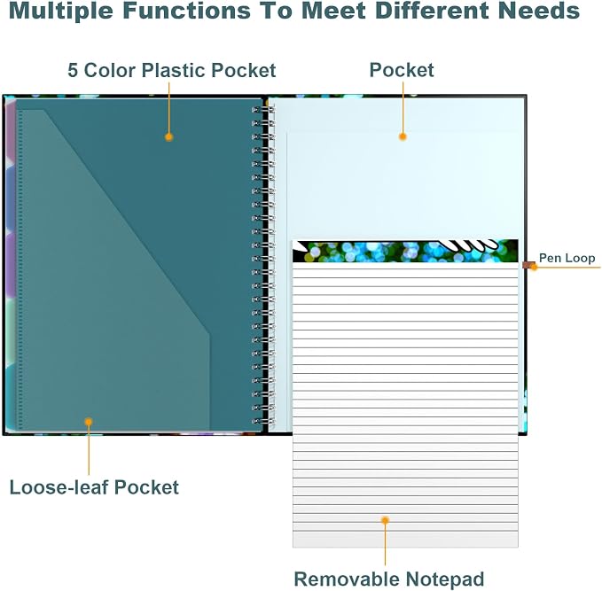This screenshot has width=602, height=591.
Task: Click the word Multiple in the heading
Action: (60, 11)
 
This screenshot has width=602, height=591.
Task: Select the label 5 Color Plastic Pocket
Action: (172, 70)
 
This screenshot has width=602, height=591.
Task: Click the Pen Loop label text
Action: (567, 258)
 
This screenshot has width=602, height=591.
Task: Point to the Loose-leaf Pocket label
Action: (94, 487)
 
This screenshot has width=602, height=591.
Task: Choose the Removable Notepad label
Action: (389, 579)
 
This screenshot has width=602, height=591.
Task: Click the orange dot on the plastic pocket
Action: (168, 137)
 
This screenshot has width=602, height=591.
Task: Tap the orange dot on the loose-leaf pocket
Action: (89, 422)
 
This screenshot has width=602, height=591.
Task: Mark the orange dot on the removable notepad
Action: (385, 520)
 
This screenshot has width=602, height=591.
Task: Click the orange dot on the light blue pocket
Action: (403, 136)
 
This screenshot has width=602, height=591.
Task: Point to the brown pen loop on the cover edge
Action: (528, 265)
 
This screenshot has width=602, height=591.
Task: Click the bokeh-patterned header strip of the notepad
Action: (405, 251)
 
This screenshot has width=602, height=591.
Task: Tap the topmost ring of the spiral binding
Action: (263, 110)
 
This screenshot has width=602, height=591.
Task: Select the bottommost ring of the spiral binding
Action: (263, 422)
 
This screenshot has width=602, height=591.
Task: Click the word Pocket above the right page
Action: (402, 70)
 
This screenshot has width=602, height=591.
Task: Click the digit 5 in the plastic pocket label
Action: (73, 71)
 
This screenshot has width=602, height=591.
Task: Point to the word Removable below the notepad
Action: (347, 579)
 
